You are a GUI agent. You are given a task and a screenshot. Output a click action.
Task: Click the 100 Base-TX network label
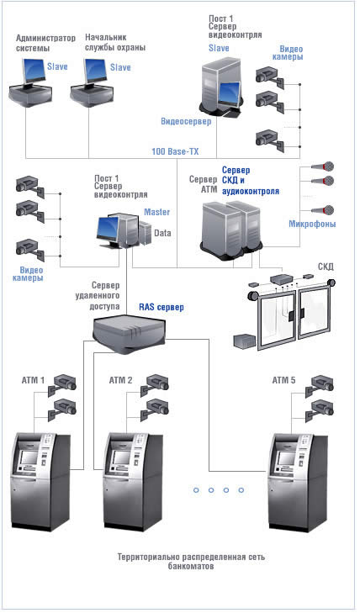click(175, 151)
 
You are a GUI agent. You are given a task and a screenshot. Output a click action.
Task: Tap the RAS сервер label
click(161, 307)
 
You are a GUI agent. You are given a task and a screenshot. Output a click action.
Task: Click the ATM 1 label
click(33, 380)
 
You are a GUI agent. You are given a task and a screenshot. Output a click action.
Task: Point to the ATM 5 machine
click(297, 481)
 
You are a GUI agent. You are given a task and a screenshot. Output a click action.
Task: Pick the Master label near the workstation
click(156, 212)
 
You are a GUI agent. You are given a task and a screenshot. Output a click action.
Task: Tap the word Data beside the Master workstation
click(162, 233)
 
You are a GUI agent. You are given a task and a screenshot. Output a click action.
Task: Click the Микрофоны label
click(312, 224)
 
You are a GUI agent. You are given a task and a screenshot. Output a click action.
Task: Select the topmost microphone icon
click(323, 166)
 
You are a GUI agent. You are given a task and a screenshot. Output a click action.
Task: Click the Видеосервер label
click(186, 122)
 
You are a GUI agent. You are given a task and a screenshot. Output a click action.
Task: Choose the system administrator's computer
click(30, 82)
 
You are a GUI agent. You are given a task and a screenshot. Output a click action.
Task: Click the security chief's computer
click(93, 82)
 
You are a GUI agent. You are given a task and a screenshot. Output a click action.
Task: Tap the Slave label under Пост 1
click(219, 48)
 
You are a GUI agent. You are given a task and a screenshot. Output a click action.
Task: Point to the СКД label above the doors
click(326, 267)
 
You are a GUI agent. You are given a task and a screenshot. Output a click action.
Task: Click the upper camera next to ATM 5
click(320, 384)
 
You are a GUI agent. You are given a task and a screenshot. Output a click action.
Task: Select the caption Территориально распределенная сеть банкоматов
click(191, 562)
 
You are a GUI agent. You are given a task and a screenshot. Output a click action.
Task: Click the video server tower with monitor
click(221, 89)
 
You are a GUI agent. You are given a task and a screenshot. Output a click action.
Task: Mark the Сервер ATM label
click(203, 184)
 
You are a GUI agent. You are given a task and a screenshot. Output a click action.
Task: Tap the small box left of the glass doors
click(245, 341)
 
